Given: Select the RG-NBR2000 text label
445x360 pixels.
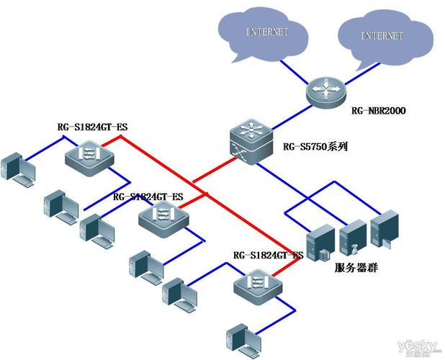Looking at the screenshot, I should coord(378,112).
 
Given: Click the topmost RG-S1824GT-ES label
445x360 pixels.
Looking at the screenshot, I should coord(92,128).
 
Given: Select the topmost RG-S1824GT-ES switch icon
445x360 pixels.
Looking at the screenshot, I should coord(90,155).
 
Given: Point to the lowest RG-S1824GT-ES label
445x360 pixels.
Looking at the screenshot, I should coord(269,256).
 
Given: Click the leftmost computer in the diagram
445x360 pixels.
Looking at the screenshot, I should coord(18,170).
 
